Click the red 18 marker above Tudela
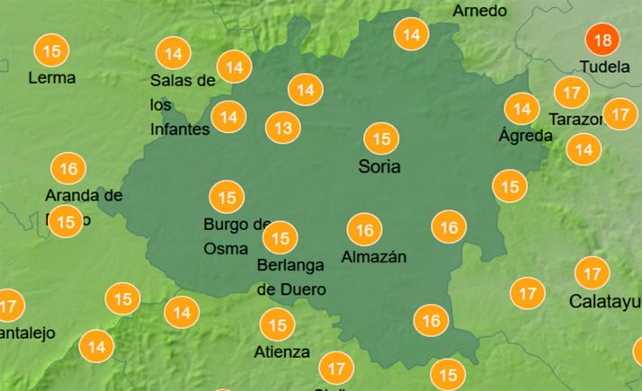pyautogui.click(x=602, y=40)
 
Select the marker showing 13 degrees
pyautogui.click(x=283, y=129)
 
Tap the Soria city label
pyautogui.click(x=379, y=166)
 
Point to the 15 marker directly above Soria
pyautogui.click(x=381, y=138)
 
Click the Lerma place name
pyautogui.click(x=52, y=78)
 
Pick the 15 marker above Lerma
pyautogui.click(x=52, y=50)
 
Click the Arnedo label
pyautogui.click(x=479, y=11)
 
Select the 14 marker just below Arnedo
pyautogui.click(x=412, y=35)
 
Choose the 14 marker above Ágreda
pyautogui.click(x=521, y=110)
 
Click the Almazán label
pyautogui.click(x=374, y=257)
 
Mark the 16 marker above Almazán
pyautogui.click(x=364, y=230)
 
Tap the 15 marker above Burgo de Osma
pyautogui.click(x=227, y=197)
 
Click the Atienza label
pyautogui.click(x=281, y=351)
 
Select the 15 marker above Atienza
pyautogui.click(x=277, y=324)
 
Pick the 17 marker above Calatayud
pyautogui.click(x=592, y=272)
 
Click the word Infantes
pyautogui.click(x=180, y=129)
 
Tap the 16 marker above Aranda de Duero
pyautogui.click(x=68, y=168)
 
